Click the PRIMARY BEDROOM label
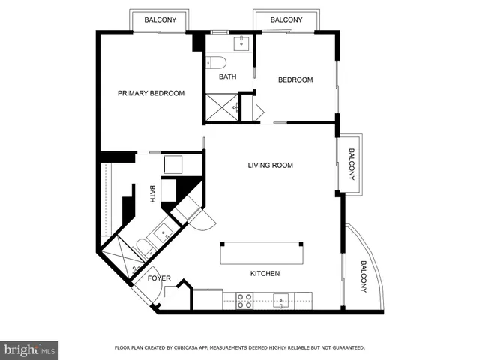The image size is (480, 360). pos(151,93)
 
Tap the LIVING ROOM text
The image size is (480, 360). pos(271,165)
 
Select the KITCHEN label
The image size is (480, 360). pos(265,273)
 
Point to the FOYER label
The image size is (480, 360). pos(159,278)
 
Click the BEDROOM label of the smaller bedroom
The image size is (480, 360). pos(295,79)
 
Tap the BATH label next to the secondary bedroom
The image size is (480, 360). pos(228,76)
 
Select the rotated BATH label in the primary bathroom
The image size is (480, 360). pos(152,194)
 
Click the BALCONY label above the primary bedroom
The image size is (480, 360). pos(160,20)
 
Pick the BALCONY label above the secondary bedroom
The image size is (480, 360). pos(286,20)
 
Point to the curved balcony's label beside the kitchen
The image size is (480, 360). pos(364,277)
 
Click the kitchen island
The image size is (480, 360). pos(262,253)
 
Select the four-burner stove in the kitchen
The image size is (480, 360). pos(244,300)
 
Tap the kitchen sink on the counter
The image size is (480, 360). pos(283,300)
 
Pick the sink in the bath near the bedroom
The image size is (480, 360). pos(241,43)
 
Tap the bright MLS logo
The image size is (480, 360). pos(29,349)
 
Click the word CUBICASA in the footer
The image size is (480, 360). pos(192,348)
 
